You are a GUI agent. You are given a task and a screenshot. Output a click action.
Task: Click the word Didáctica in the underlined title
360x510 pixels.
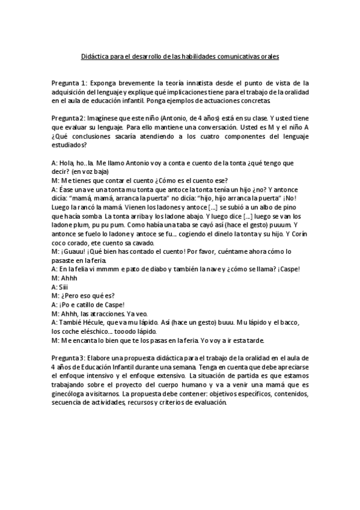[95, 56]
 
